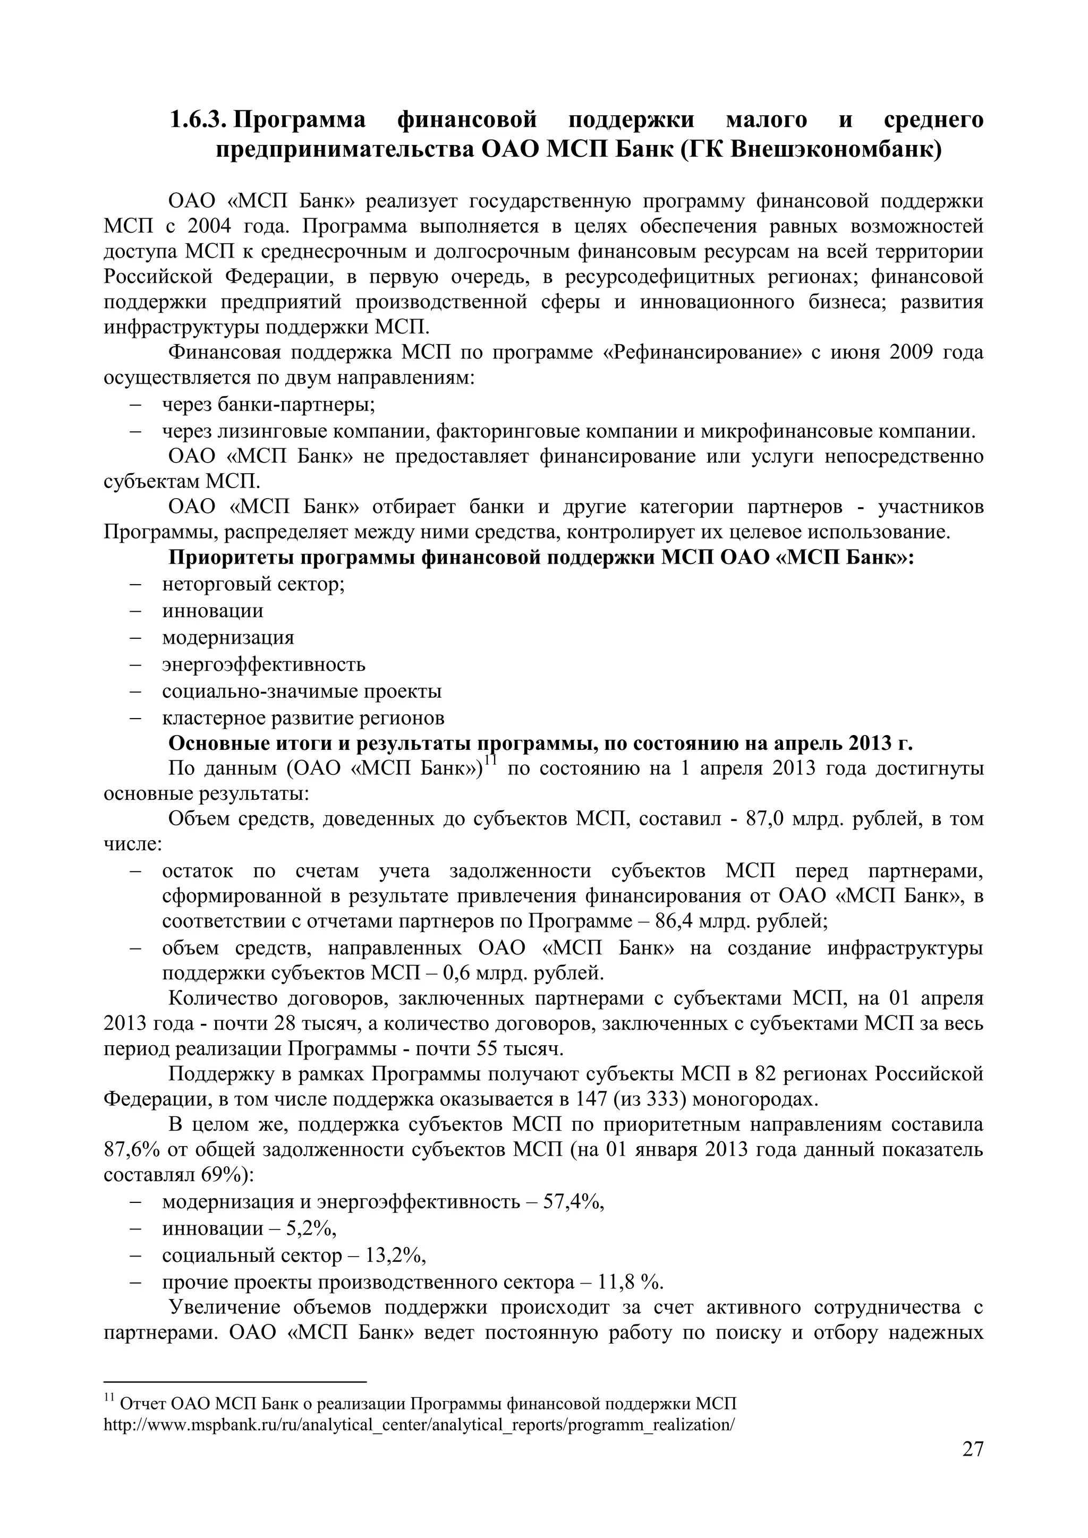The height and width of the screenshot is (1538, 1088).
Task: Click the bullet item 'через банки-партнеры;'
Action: (x=268, y=405)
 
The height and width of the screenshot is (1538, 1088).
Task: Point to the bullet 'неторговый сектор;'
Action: (x=253, y=585)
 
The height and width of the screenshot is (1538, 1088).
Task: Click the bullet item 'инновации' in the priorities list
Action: (x=212, y=611)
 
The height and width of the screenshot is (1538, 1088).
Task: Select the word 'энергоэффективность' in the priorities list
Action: (x=263, y=664)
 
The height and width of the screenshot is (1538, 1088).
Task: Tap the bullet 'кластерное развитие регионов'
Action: (x=303, y=718)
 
